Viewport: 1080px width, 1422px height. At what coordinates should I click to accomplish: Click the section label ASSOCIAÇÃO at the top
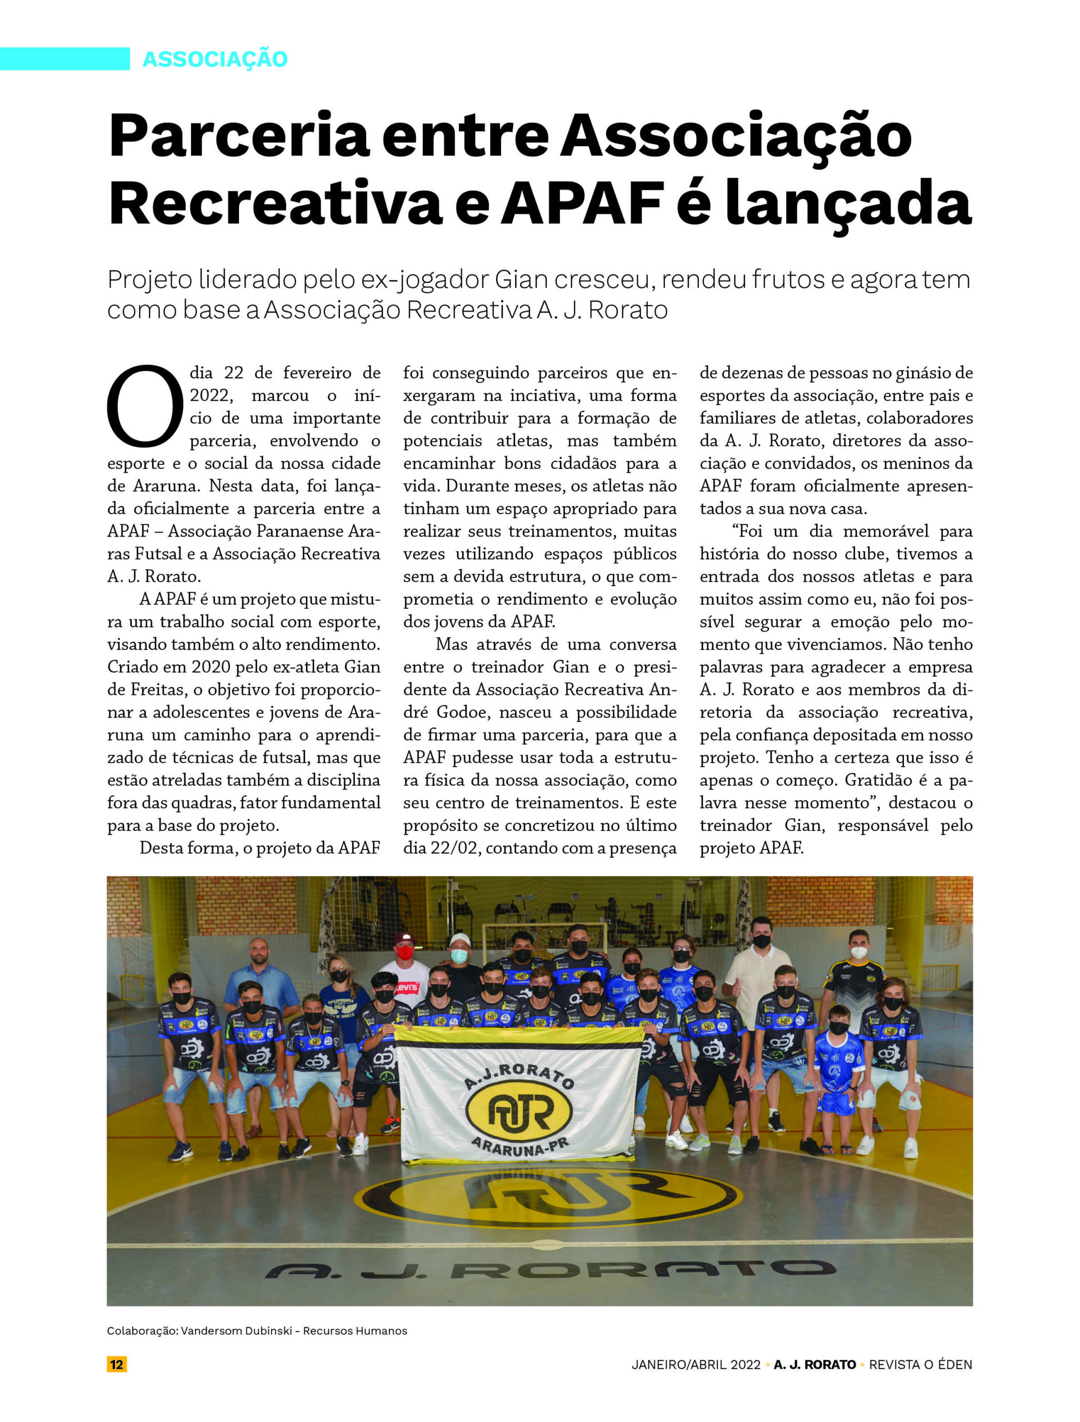pyautogui.click(x=214, y=59)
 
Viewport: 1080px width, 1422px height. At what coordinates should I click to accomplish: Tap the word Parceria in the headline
pyautogui.click(x=238, y=136)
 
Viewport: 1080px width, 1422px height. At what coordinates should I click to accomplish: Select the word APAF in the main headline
pyautogui.click(x=582, y=203)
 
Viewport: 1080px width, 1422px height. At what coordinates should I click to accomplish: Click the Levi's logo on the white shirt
pyautogui.click(x=406, y=987)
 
